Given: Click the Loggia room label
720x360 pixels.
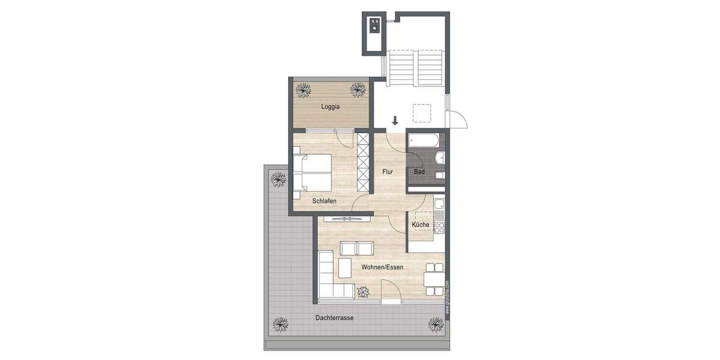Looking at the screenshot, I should point(329,107).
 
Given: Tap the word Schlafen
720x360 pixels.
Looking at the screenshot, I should point(324,201).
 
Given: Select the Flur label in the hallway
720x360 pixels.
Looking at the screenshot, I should point(388,172).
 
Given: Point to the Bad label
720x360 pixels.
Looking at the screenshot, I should point(419,172).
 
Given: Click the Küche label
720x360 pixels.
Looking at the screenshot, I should point(420,225).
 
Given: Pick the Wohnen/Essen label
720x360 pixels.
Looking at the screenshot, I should point(382,267).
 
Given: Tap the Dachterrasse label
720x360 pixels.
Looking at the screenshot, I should point(334,318).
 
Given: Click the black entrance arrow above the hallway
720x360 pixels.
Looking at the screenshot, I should point(395,121).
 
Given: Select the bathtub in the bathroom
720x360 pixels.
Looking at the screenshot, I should point(425,142).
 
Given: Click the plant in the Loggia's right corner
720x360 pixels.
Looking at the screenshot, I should point(358,91).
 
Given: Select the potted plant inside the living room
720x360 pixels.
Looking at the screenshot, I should point(364,292).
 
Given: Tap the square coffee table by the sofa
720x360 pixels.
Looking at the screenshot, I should point(344,267).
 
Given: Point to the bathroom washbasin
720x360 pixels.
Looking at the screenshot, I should point(440,158).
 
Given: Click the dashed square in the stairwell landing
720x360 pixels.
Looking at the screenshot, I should point(421,113).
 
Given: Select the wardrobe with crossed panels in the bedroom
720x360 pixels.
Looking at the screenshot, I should point(363,159).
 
